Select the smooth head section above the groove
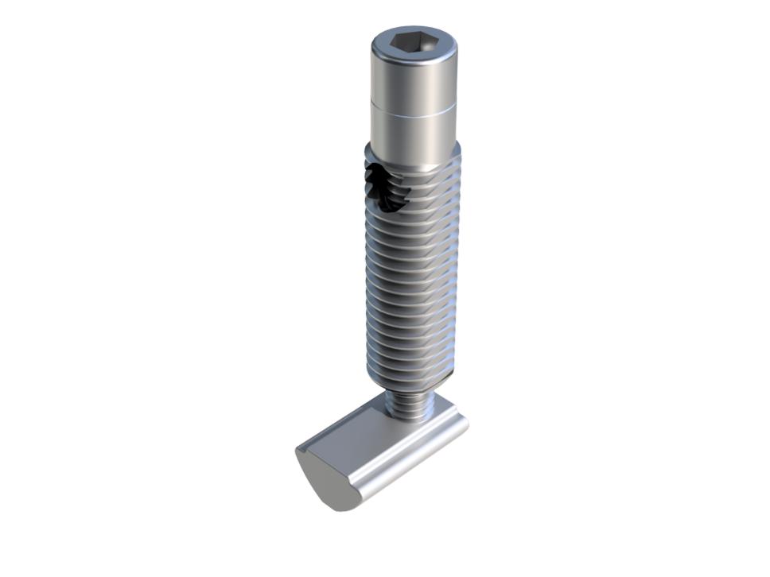(414, 83)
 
